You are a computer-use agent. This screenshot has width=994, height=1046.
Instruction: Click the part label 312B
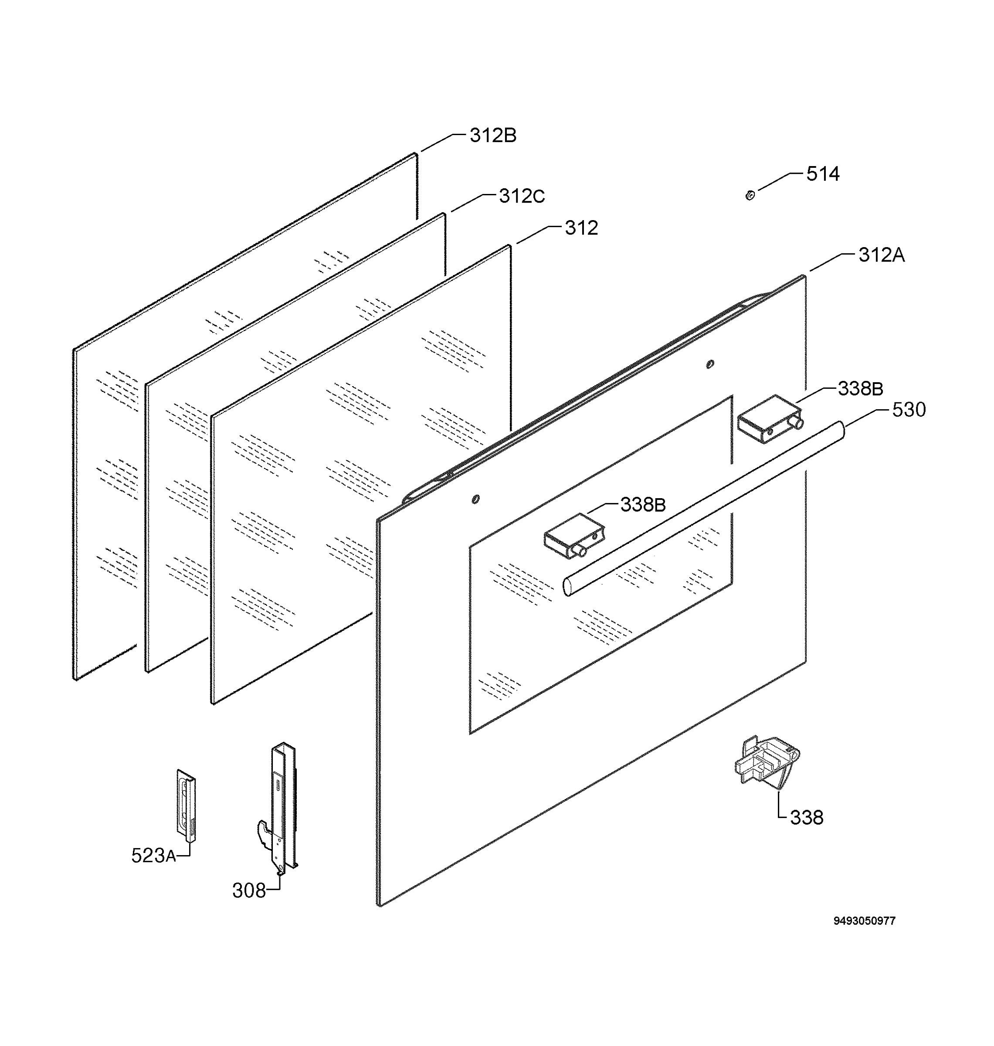point(493,136)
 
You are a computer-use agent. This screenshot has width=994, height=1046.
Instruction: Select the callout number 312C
point(522,197)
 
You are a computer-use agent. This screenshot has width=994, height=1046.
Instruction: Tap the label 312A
point(882,255)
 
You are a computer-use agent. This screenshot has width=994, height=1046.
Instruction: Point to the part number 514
point(823,174)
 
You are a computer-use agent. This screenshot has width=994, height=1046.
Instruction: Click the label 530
point(909,410)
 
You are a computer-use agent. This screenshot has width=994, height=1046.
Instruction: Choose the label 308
point(249,891)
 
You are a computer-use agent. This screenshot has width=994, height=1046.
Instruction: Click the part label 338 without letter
point(807,818)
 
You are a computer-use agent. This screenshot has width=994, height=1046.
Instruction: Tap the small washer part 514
point(750,196)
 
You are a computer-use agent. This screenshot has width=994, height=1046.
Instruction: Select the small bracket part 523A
point(187,805)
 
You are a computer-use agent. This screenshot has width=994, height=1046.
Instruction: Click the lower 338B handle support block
point(575,536)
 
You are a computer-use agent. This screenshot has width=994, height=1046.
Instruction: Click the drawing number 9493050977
point(865,921)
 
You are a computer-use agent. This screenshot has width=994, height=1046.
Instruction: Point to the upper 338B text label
point(861,389)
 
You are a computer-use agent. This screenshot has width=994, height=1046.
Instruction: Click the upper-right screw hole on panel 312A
point(710,364)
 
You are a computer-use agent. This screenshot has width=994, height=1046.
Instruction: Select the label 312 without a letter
point(581,228)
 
